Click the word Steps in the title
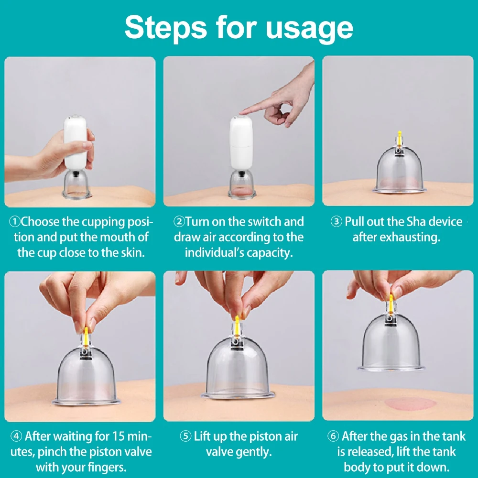click(165, 28)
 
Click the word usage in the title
click(309, 30)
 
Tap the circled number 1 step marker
click(14, 222)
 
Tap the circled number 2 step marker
click(179, 222)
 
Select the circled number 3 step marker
click(336, 222)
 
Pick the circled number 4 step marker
click(16, 436)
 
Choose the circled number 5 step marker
click(185, 436)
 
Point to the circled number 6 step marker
click(333, 436)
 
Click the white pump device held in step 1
click(75, 142)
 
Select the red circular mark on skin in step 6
click(410, 404)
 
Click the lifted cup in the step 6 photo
click(391, 341)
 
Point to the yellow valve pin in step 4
click(86, 337)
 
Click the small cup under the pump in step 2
click(242, 185)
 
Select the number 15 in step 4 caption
click(118, 436)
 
